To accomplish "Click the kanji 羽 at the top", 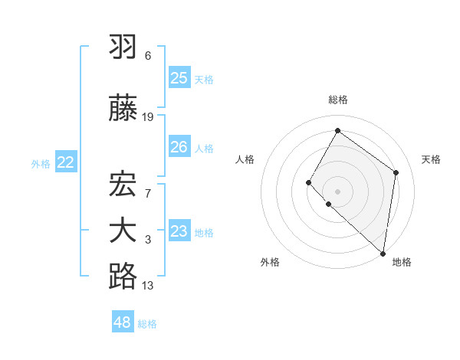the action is pyautogui.click(x=123, y=47).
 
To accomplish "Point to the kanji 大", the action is pyautogui.click(x=123, y=231).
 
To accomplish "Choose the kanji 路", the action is pyautogui.click(x=123, y=277).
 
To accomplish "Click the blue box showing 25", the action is pyautogui.click(x=179, y=78).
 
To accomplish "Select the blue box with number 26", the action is pyautogui.click(x=179, y=147).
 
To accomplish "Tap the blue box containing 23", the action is pyautogui.click(x=179, y=231).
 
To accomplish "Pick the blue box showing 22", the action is pyautogui.click(x=66, y=162).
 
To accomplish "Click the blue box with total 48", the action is pyautogui.click(x=123, y=322).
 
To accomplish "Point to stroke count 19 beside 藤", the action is pyautogui.click(x=148, y=117).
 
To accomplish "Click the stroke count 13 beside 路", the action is pyautogui.click(x=148, y=286).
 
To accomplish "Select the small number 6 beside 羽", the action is pyautogui.click(x=148, y=56).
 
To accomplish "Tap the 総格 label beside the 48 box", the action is pyautogui.click(x=148, y=324).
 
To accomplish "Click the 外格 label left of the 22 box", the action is pyautogui.click(x=41, y=164).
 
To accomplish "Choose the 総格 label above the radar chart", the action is pyautogui.click(x=338, y=100).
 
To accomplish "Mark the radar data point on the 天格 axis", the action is pyautogui.click(x=396, y=172).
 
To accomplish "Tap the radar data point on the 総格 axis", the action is pyautogui.click(x=337, y=130).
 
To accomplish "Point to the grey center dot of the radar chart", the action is pyautogui.click(x=337, y=191).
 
